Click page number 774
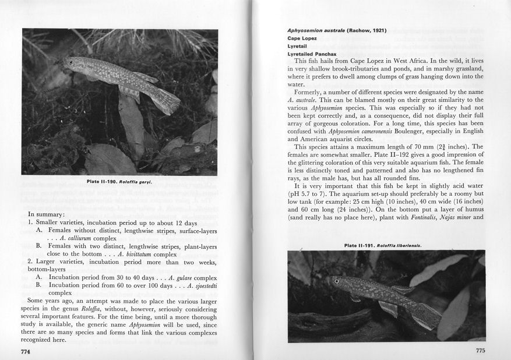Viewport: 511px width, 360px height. point(25,352)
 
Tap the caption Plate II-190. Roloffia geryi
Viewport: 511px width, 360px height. point(119,182)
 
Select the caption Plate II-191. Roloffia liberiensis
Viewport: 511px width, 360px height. point(383,245)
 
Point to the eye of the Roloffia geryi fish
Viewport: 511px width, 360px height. point(71,62)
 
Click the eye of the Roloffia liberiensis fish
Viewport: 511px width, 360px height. point(336,281)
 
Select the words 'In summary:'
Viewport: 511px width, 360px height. point(47,214)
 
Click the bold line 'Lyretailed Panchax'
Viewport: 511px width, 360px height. point(312,54)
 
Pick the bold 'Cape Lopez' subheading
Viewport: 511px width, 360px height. point(302,38)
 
